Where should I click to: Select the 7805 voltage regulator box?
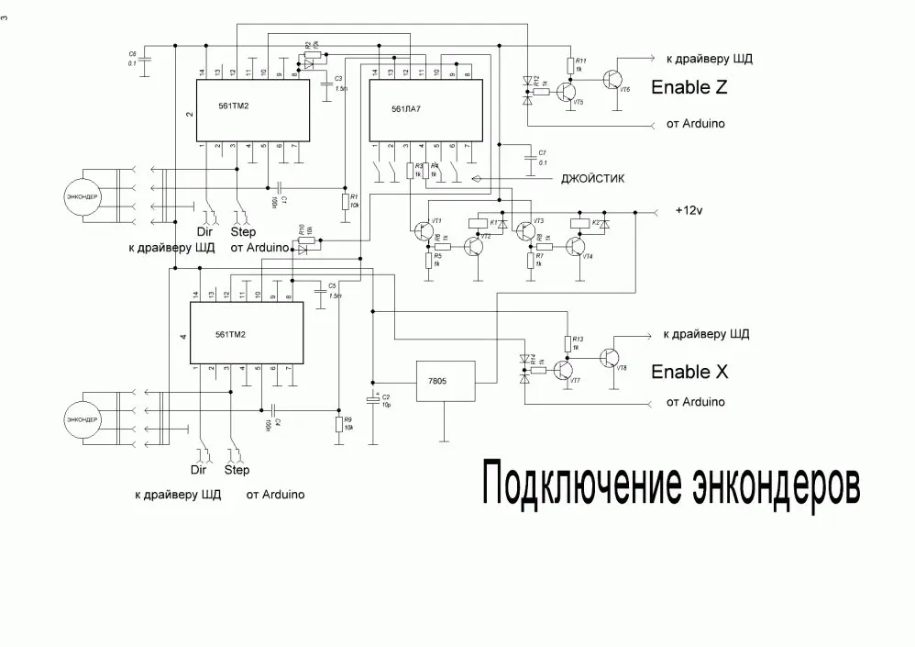click(446, 382)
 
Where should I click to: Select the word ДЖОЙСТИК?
click(592, 179)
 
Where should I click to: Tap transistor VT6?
click(613, 79)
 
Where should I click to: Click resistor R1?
click(345, 202)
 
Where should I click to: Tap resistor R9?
click(338, 424)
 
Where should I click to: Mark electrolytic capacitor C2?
click(372, 400)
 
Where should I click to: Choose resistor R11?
click(570, 66)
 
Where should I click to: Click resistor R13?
click(568, 343)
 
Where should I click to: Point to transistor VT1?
click(424, 229)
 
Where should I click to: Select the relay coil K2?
click(580, 222)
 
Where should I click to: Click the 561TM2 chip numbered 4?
click(248, 334)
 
